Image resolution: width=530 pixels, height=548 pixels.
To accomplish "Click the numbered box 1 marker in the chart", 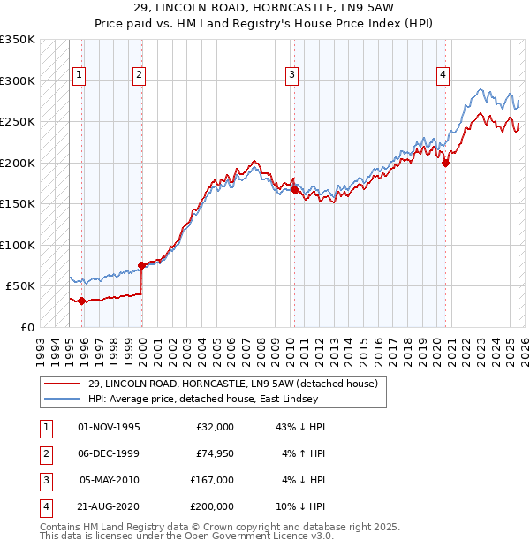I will coord(79,76).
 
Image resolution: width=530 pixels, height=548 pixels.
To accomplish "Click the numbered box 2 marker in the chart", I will coord(140,76).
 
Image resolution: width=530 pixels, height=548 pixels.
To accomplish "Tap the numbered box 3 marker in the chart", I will coord(291,76).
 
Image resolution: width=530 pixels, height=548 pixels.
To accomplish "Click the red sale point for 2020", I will coord(445,163).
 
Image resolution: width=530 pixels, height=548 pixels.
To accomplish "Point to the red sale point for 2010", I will coord(294,189).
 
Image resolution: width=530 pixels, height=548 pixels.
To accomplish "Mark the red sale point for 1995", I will coord(82,301).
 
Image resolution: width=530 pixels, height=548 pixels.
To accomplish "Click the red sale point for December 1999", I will coord(141,265).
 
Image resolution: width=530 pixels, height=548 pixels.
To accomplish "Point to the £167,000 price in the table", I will coord(211,480).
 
